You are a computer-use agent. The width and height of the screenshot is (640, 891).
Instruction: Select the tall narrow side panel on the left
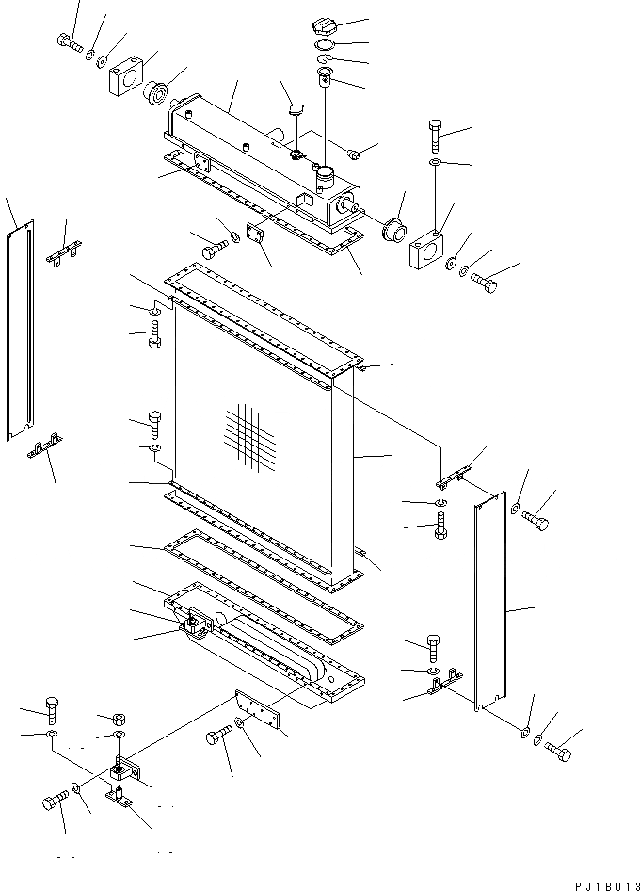click(x=21, y=332)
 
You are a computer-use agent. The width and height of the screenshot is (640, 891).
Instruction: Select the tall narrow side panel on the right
click(x=491, y=603)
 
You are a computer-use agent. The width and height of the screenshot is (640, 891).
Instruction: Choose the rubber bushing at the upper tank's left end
click(x=156, y=93)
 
